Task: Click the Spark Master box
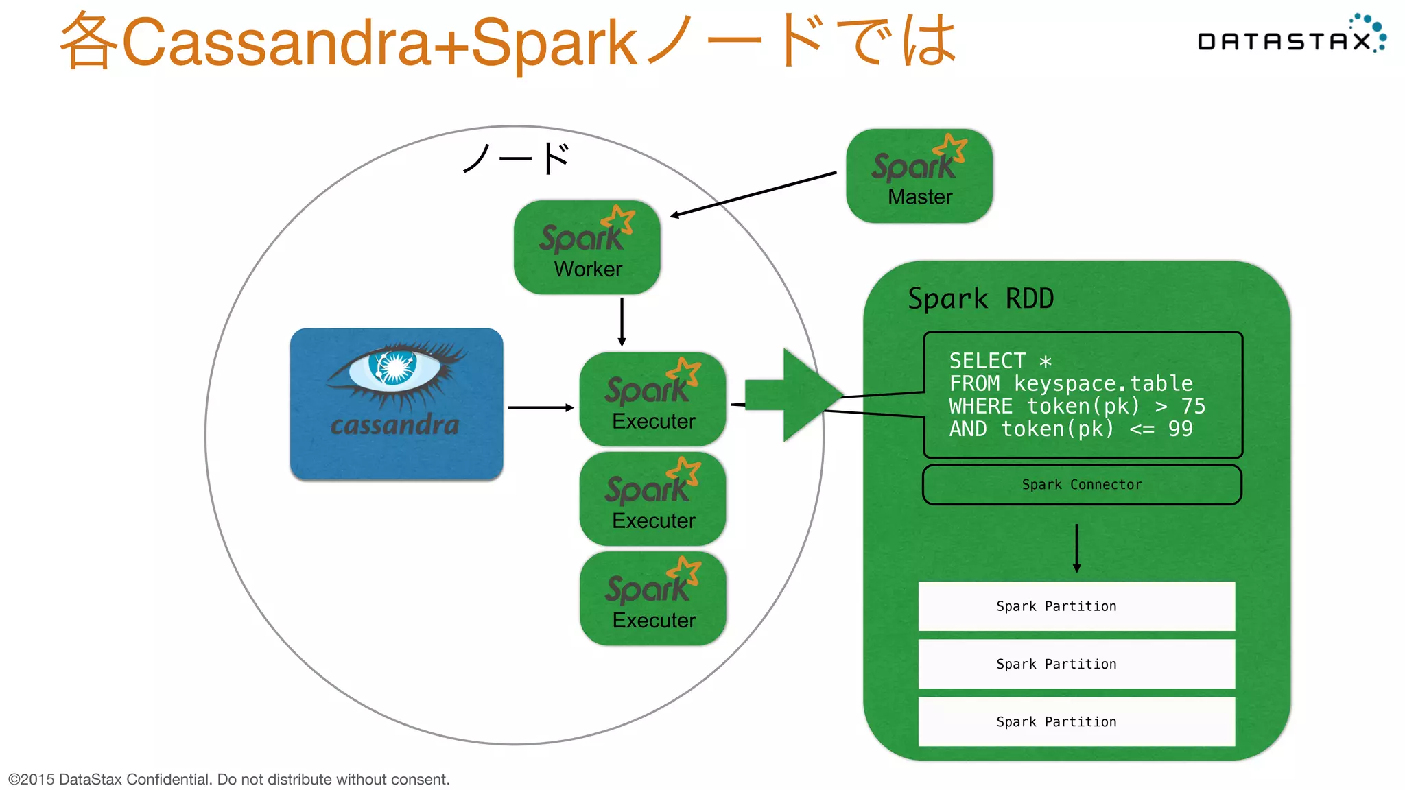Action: click(919, 176)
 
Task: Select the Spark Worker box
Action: click(587, 248)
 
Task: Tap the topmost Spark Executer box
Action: click(652, 400)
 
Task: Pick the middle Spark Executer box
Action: click(652, 499)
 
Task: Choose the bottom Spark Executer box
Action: click(652, 599)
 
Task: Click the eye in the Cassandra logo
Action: click(394, 368)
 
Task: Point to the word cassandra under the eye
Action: click(394, 425)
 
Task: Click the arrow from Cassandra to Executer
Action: click(541, 407)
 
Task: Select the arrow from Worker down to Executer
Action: click(622, 322)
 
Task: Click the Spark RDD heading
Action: click(980, 299)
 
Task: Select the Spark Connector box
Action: click(1082, 485)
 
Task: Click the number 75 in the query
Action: click(1193, 406)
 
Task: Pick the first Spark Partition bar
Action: click(1076, 606)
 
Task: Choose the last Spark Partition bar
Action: click(1076, 721)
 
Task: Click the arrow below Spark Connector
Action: click(1076, 548)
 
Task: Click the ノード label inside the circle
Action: click(516, 158)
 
